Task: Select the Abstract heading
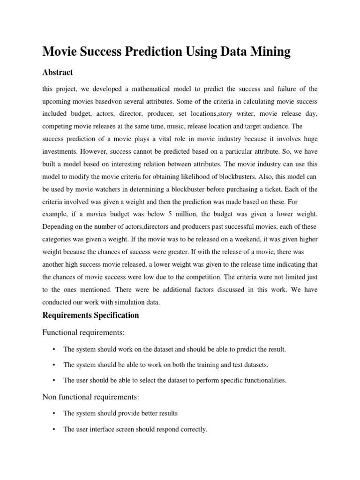(x=58, y=73)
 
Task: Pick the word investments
(x=60, y=152)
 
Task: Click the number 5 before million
(x=170, y=214)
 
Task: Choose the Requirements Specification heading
(x=90, y=315)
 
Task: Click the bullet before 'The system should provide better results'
(x=54, y=413)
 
